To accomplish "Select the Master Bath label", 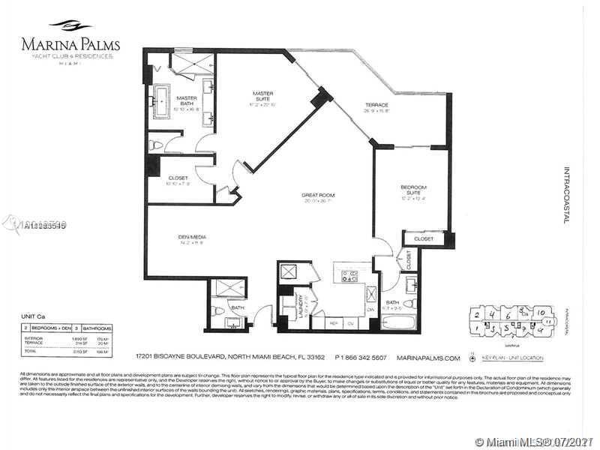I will coord(187,99).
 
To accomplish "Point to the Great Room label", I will coord(318,196).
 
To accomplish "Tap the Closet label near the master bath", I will coord(178,178).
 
